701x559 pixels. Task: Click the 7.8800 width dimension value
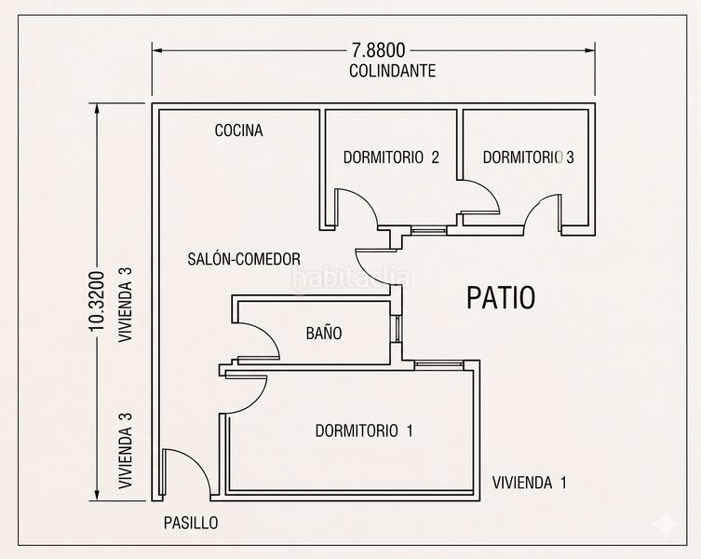378,50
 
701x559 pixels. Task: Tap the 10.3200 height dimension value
97,301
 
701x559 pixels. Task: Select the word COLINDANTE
393,71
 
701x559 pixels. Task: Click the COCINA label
238,130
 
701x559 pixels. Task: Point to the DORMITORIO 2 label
391,157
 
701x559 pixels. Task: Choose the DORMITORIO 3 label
529,157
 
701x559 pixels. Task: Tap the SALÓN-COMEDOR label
244,259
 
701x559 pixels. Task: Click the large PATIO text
501,297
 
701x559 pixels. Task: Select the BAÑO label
324,333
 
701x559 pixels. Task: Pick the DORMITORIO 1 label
364,430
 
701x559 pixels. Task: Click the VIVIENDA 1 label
530,483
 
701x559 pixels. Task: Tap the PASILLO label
191,523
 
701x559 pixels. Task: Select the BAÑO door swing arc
267,334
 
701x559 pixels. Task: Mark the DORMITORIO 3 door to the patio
536,211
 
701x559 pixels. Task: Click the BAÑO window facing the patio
396,330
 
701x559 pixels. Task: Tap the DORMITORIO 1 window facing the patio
439,365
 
